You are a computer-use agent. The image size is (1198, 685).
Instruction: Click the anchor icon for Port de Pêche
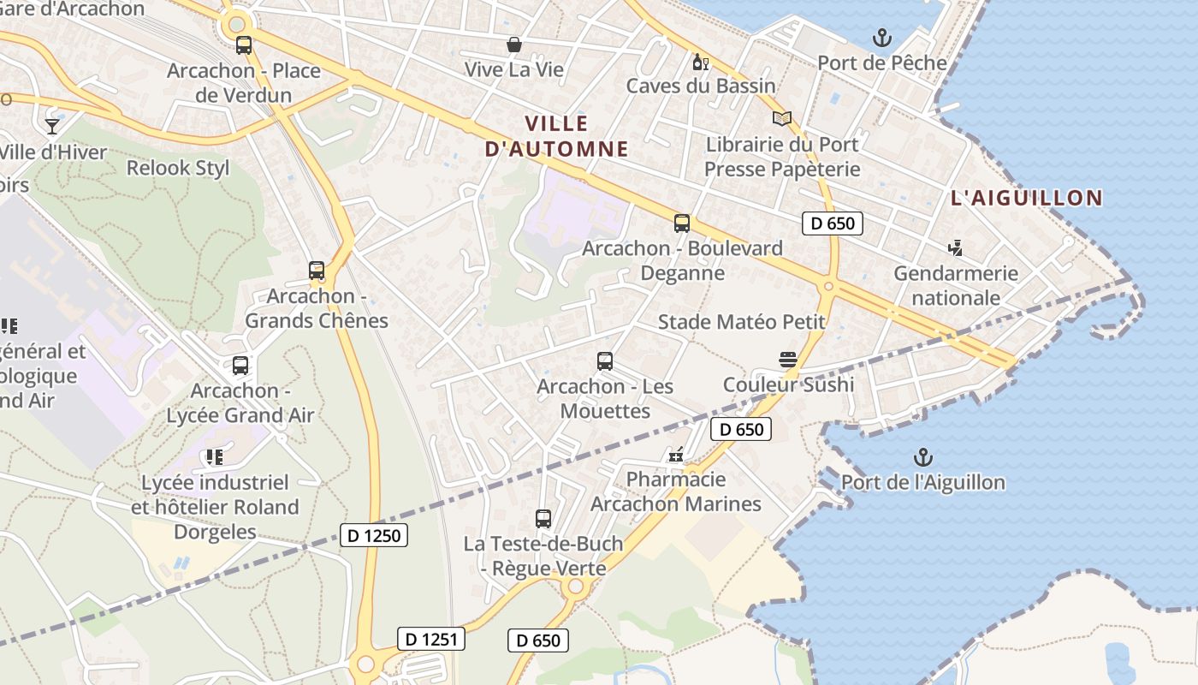[881, 38]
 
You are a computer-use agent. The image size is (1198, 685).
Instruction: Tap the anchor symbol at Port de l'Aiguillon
[922, 457]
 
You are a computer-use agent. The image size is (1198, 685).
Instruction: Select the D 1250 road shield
[374, 536]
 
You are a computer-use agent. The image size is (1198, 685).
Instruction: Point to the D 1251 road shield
[431, 639]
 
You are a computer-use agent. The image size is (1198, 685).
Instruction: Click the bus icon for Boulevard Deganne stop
[682, 223]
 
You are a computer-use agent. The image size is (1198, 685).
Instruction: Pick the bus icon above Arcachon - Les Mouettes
[605, 361]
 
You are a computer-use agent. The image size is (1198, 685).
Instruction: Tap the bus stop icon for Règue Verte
[543, 518]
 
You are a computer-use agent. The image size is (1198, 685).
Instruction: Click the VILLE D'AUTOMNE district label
[557, 136]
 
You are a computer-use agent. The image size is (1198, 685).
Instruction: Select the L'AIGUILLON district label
[1027, 199]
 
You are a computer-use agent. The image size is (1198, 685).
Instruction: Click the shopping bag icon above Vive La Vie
[514, 45]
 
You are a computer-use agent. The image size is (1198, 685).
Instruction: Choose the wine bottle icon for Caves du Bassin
[700, 62]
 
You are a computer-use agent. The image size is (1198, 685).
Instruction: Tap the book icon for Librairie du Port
[782, 119]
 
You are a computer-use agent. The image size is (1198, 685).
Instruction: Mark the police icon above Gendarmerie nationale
[956, 248]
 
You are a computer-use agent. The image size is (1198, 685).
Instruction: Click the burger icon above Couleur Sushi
[788, 360]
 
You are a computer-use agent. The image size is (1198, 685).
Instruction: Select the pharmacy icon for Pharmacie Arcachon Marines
[676, 455]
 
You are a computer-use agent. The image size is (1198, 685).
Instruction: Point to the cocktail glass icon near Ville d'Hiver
[53, 127]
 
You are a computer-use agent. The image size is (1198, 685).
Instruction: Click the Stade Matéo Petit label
[741, 322]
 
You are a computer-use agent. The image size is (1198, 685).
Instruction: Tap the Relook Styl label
[178, 168]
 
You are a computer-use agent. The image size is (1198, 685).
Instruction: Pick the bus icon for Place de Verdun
[244, 45]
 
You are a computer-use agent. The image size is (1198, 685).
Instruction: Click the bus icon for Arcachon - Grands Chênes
[317, 271]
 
